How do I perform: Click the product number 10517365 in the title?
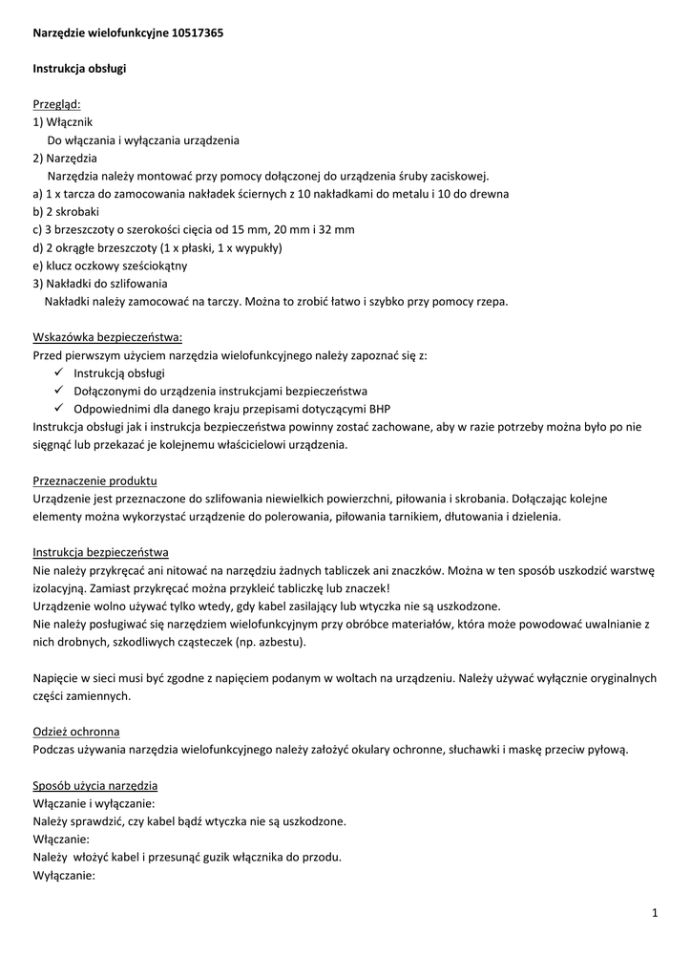click(199, 32)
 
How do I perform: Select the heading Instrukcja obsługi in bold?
click(80, 69)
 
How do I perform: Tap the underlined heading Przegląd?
click(57, 104)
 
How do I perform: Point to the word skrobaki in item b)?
click(76, 211)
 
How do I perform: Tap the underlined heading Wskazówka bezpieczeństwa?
click(107, 337)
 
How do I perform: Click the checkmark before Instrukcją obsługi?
click(58, 372)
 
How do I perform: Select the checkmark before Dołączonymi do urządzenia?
click(58, 391)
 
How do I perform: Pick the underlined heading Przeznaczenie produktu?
click(94, 480)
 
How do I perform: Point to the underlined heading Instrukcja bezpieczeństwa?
click(101, 552)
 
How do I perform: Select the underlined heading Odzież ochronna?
click(76, 732)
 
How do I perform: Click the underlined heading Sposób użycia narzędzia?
click(95, 785)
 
